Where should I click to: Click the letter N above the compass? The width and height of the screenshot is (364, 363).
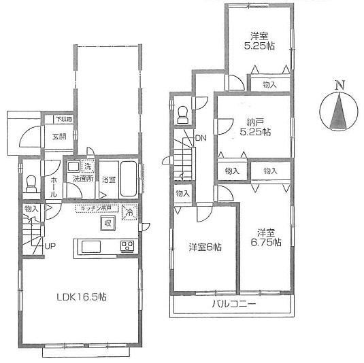(x=339, y=85)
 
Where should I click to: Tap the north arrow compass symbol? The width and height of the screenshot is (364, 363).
(x=339, y=112)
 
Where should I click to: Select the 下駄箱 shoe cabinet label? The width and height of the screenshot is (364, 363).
(x=63, y=119)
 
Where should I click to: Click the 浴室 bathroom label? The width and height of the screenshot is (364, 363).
(x=109, y=180)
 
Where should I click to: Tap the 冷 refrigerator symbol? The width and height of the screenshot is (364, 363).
(x=129, y=213)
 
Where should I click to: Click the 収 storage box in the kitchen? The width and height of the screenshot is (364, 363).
(x=107, y=224)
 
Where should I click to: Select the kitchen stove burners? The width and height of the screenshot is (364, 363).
(x=127, y=245)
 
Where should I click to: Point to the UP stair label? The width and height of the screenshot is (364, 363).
(x=50, y=246)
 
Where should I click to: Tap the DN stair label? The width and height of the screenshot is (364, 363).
(x=200, y=139)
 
